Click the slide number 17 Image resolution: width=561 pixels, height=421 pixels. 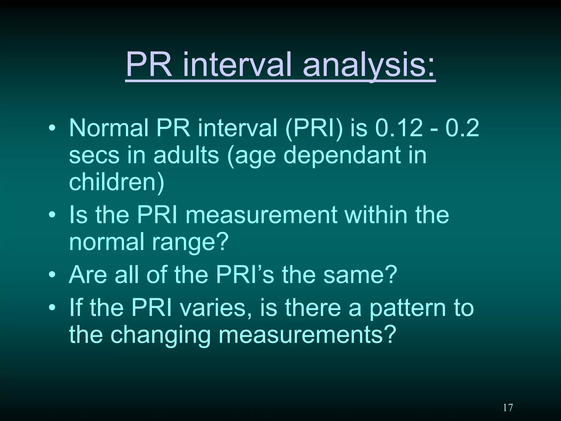point(508,407)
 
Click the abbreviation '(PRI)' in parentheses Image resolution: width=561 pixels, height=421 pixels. point(314,128)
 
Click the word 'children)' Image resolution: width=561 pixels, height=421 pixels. point(116,182)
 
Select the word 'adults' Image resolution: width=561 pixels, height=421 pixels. point(186,155)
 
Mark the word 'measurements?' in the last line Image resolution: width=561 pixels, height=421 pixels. point(307,335)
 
